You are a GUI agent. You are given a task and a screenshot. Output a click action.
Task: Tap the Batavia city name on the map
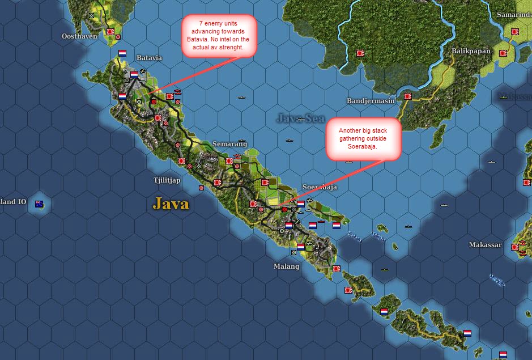(x=149, y=58)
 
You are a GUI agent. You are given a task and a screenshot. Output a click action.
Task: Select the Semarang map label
(x=230, y=144)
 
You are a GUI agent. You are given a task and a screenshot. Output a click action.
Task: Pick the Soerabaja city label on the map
(x=320, y=187)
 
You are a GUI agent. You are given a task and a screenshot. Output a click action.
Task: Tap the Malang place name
(x=286, y=266)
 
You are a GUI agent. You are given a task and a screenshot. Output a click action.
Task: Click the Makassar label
(x=486, y=245)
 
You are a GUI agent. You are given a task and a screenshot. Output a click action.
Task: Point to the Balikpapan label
(x=471, y=51)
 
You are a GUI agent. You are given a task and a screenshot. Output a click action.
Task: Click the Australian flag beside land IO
(x=39, y=204)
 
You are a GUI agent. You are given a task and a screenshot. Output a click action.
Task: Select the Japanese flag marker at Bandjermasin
(x=407, y=96)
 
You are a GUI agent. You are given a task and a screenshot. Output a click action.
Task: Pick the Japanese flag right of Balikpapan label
(x=503, y=53)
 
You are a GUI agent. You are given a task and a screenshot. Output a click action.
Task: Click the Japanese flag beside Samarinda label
(x=514, y=32)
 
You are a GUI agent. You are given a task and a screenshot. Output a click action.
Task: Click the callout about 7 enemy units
(x=218, y=36)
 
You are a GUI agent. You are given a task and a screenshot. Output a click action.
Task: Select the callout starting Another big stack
(x=363, y=138)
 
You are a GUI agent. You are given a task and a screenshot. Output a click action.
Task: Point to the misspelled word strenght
(x=231, y=47)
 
